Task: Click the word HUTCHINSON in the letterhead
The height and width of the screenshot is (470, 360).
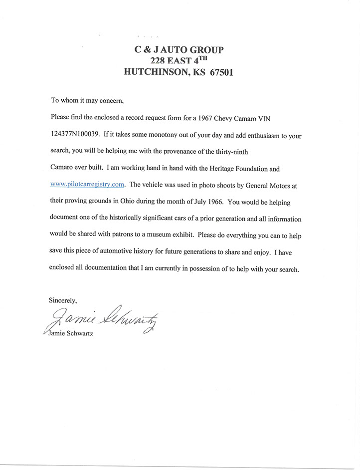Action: coord(158,72)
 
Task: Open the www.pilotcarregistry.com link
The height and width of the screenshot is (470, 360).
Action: coord(87,184)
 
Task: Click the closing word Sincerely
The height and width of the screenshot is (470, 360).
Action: coord(62,300)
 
